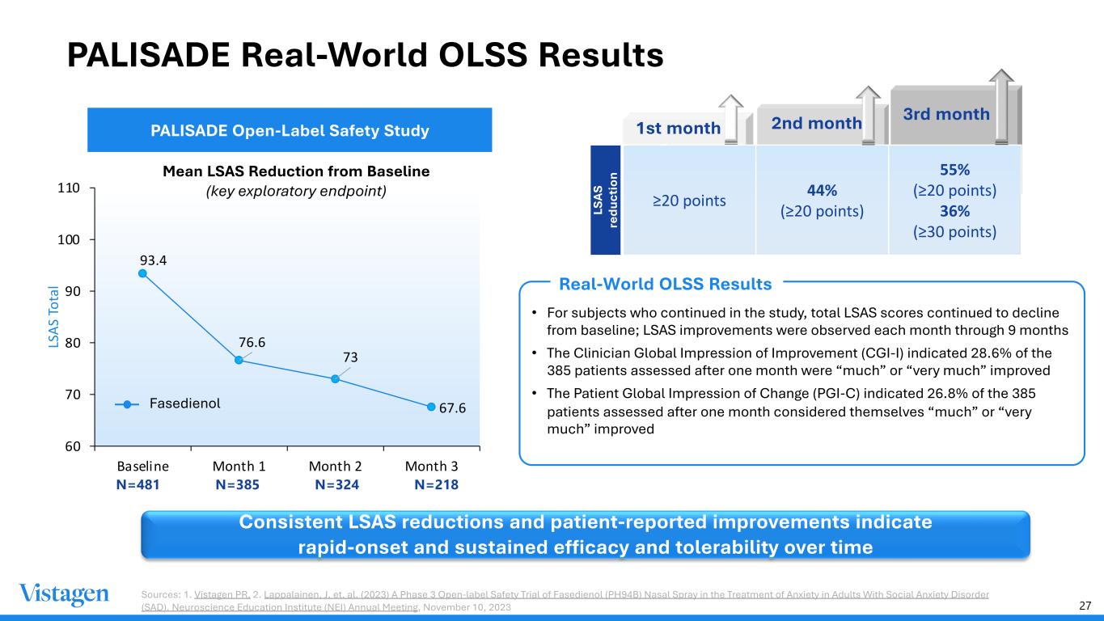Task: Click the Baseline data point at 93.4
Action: pyautogui.click(x=142, y=273)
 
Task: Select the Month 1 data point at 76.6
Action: pyautogui.click(x=239, y=360)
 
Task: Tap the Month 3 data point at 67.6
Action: pyautogui.click(x=431, y=407)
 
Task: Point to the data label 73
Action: pyautogui.click(x=350, y=357)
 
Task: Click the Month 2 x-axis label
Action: pyautogui.click(x=336, y=467)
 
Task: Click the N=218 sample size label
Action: pyautogui.click(x=436, y=485)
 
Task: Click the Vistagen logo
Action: pyautogui.click(x=64, y=594)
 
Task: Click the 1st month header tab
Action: pyautogui.click(x=678, y=128)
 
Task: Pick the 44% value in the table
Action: pyautogui.click(x=822, y=190)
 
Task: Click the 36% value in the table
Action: pyautogui.click(x=954, y=211)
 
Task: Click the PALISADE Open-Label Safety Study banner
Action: pyautogui.click(x=289, y=129)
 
